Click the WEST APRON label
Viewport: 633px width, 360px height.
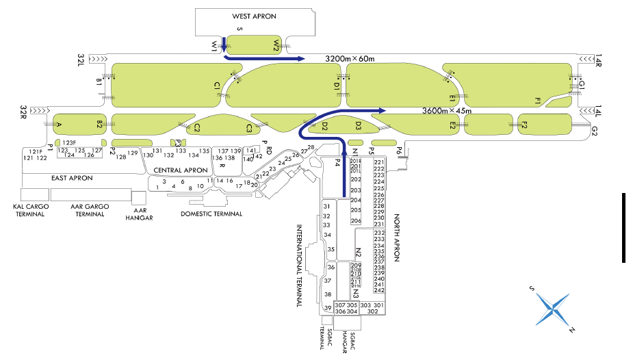coord(254,16)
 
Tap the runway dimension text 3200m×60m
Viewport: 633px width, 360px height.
coord(350,60)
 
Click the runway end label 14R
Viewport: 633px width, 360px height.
coord(597,62)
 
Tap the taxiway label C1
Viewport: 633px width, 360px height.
coord(217,86)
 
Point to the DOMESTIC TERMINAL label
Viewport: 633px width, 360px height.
coord(211,214)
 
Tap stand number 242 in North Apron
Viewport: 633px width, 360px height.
coord(379,291)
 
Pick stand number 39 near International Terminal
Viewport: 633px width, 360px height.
coord(328,308)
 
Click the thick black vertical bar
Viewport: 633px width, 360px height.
coord(624,227)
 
